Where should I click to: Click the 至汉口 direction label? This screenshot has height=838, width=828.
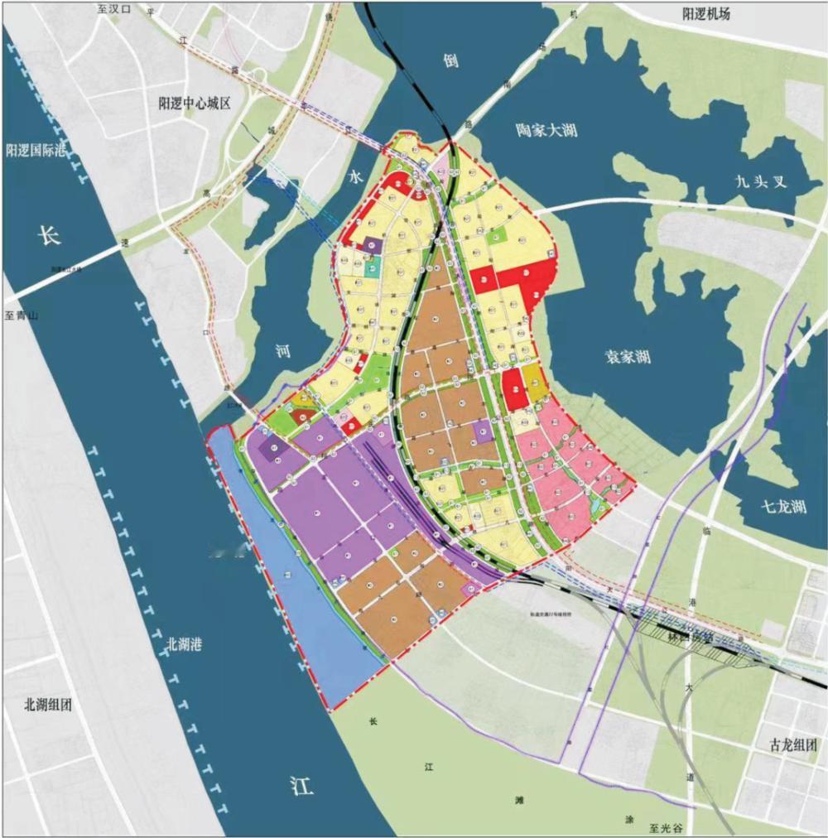tap(113, 9)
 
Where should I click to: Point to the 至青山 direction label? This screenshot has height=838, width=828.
tap(22, 315)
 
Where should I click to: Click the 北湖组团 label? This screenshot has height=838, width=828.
tap(48, 706)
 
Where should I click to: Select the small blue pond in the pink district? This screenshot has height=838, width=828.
tap(595, 503)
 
